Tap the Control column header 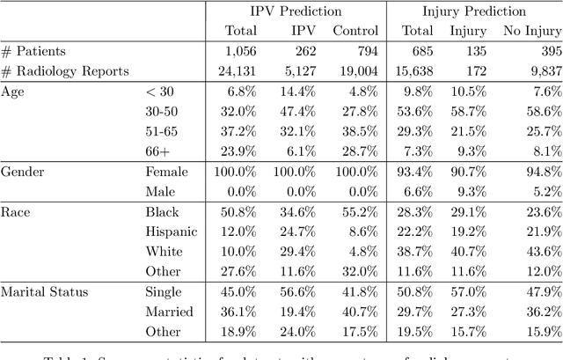tap(355, 32)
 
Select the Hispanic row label tap(171, 231)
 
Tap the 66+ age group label tap(158, 151)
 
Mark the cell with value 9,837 tap(539, 71)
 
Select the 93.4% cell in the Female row tap(418, 171)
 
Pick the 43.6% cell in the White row tap(539, 251)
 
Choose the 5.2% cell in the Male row tap(543, 191)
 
